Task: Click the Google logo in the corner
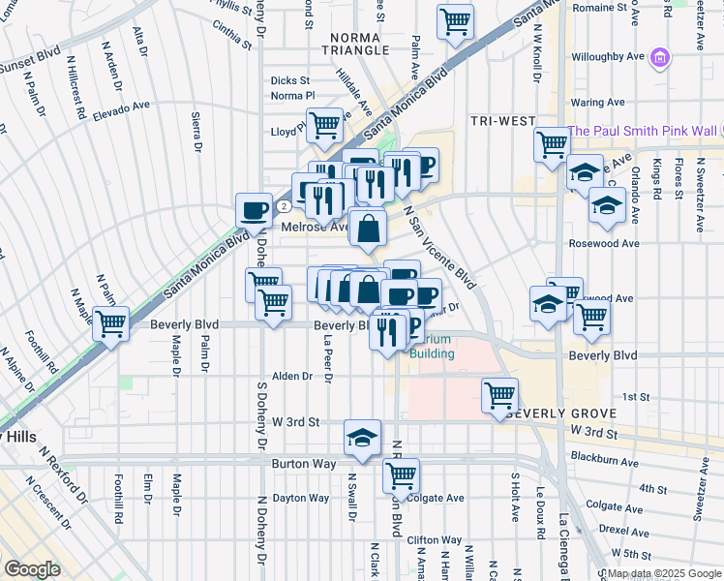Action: [31, 569]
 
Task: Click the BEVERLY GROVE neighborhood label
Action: [548, 413]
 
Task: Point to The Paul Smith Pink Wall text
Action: [642, 131]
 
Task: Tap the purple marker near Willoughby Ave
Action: [660, 58]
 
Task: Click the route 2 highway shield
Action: [283, 206]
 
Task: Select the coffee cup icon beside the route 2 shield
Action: [255, 209]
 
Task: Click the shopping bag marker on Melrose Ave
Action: [369, 229]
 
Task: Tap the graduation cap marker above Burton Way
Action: [362, 438]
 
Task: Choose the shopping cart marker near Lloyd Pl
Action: [325, 124]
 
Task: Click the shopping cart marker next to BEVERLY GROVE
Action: [499, 394]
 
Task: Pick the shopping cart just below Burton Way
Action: [400, 475]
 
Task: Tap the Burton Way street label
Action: [303, 465]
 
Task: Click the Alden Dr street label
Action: [292, 376]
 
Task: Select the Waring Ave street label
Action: [597, 102]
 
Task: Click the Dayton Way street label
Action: [301, 498]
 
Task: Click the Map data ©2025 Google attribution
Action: [659, 573]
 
